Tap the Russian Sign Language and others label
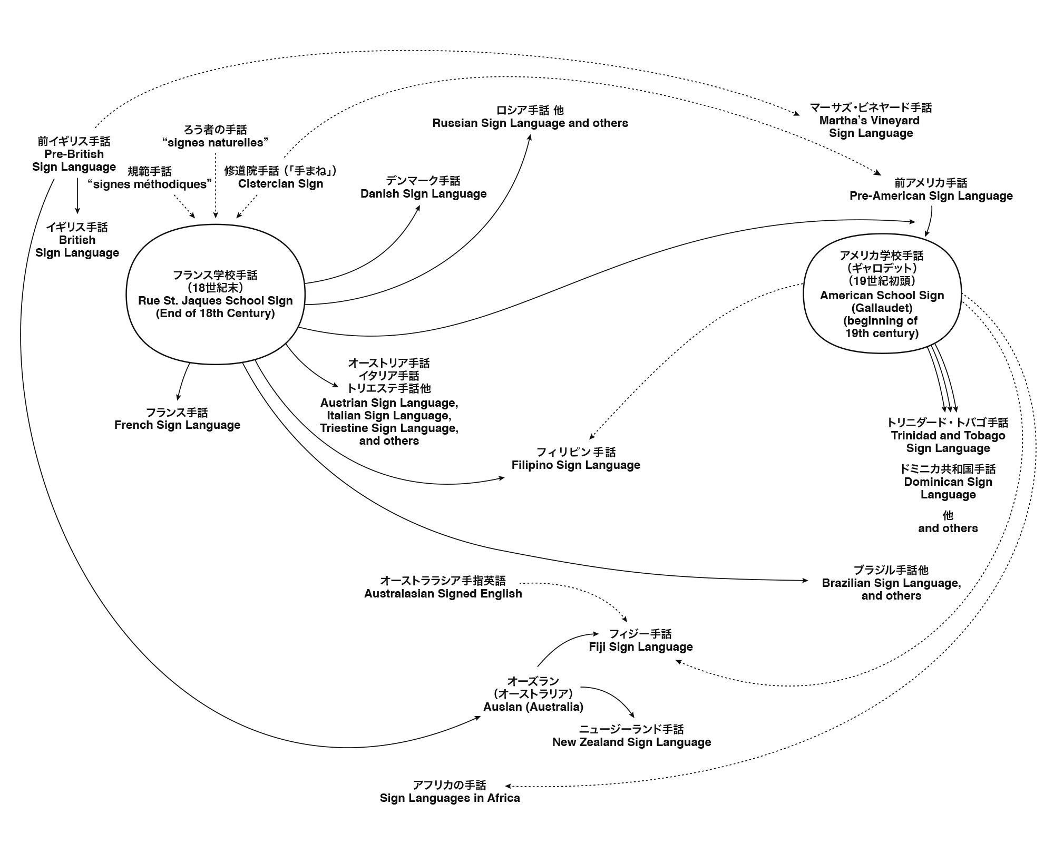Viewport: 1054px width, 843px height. [x=530, y=123]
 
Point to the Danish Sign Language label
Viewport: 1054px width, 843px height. [x=423, y=193]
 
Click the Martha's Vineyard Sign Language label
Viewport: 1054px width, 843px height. [x=871, y=121]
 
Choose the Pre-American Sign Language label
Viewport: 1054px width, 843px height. [x=931, y=195]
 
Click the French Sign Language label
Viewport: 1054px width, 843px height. [x=177, y=425]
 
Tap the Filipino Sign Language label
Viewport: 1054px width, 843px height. [x=575, y=465]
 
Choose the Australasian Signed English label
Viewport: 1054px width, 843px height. [x=443, y=593]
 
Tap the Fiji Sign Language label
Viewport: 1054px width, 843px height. [x=640, y=646]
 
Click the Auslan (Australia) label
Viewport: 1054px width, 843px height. [x=533, y=707]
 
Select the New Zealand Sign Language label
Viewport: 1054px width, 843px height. [x=631, y=742]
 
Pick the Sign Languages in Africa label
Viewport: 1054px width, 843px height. [x=450, y=798]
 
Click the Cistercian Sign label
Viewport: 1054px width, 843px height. [x=280, y=183]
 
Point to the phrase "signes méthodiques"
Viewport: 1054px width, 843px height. [x=150, y=184]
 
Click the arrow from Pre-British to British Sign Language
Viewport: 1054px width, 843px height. [x=77, y=195]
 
